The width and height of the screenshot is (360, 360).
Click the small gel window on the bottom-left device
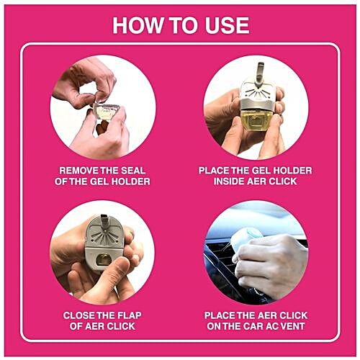tap(104, 258)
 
